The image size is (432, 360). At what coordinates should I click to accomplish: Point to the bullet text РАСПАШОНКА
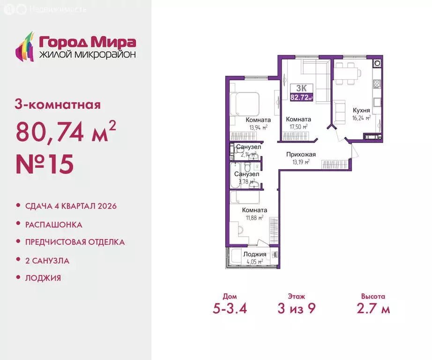coord(53,225)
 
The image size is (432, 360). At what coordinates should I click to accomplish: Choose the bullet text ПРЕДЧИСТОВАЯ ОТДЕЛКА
coord(74,242)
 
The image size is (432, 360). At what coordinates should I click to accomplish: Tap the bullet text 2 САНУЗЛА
coord(47,261)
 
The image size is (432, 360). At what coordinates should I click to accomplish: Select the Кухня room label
coord(362,110)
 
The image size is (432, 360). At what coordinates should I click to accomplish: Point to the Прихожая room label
coord(301,154)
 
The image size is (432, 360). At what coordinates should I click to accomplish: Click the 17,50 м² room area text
coord(298,127)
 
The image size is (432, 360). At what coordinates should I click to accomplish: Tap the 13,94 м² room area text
coord(258,127)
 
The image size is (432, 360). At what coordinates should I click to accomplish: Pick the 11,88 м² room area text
coord(253,217)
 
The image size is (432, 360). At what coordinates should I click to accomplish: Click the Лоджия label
coord(255,254)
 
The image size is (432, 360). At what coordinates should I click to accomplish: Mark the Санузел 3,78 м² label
coord(246,174)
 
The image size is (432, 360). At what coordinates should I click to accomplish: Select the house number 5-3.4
coord(230,309)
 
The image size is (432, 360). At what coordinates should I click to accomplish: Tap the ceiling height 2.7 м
coord(373,309)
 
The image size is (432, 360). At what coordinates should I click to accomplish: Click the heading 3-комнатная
coord(58,105)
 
